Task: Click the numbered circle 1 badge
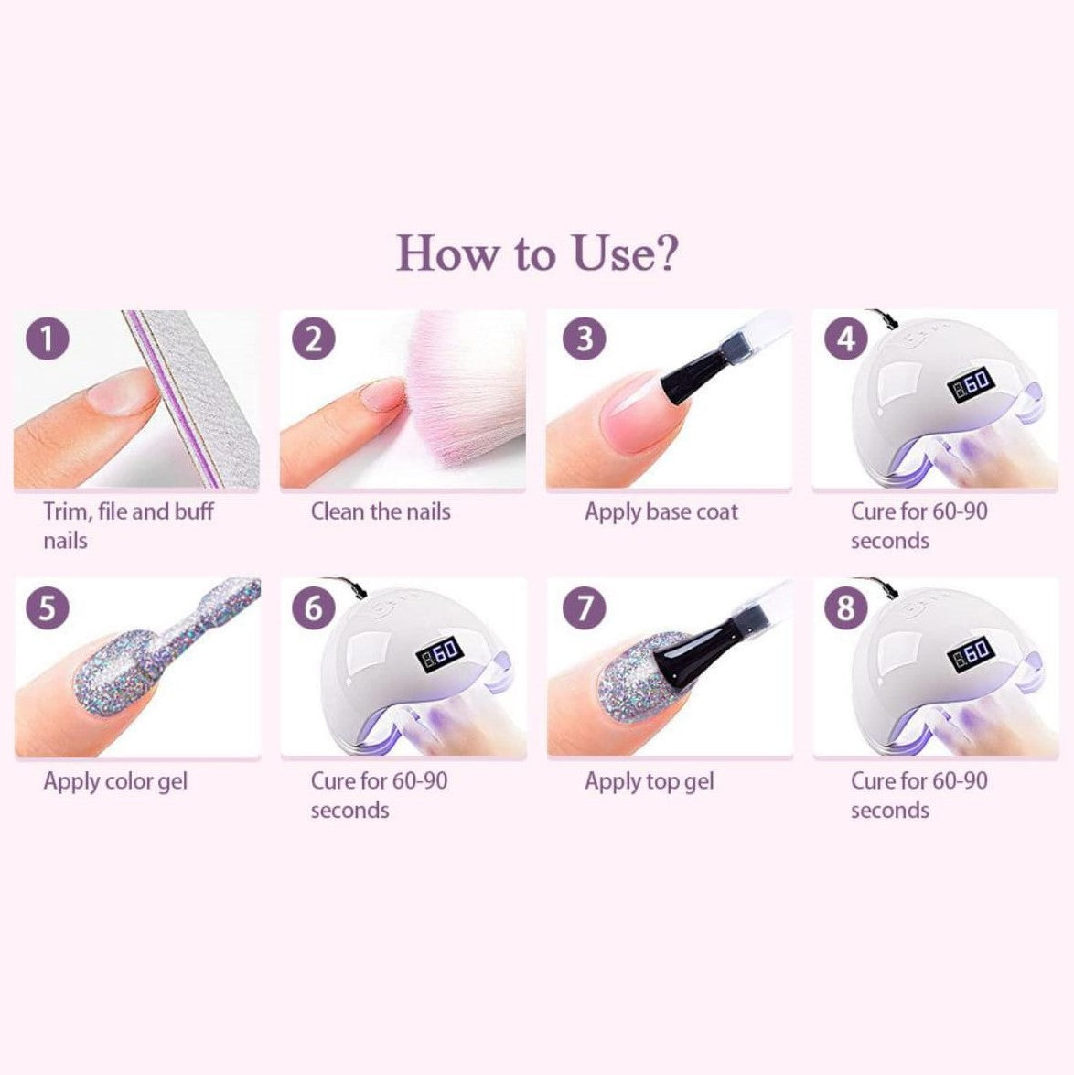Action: (48, 338)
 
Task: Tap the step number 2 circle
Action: (313, 338)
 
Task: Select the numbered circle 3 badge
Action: (584, 338)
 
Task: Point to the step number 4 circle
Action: (846, 338)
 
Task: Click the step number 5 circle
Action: (48, 607)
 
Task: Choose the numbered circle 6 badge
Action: (313, 607)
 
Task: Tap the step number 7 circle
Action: (584, 607)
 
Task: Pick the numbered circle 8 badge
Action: (846, 607)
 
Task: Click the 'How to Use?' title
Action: (537, 253)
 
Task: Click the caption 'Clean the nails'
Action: (381, 511)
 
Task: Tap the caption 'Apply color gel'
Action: (115, 782)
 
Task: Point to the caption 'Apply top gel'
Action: (649, 782)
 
